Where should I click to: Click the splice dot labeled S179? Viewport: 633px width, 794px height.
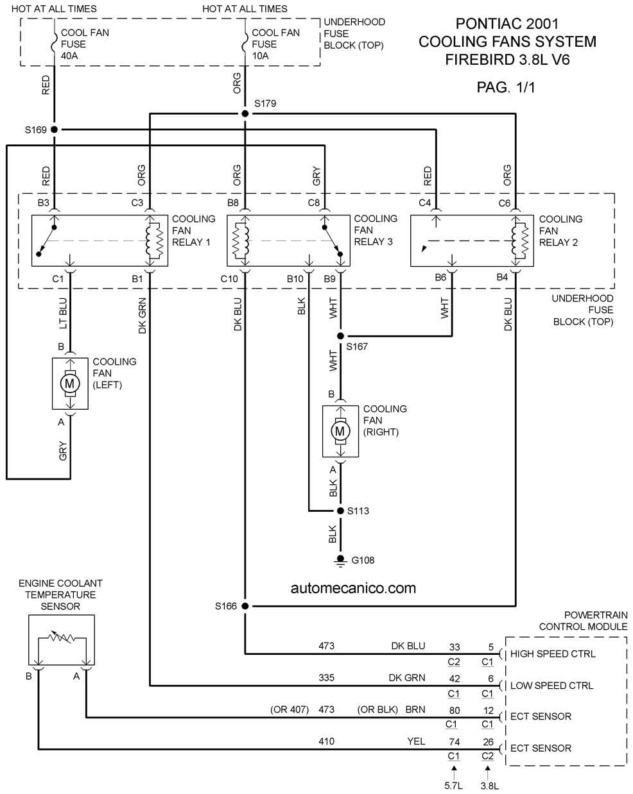pos(245,114)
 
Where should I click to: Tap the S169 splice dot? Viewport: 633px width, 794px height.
pos(55,130)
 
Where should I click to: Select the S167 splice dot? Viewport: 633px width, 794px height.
pos(340,336)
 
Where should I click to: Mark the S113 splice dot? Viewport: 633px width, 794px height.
pos(340,511)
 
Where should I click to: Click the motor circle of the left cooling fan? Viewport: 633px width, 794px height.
pos(70,384)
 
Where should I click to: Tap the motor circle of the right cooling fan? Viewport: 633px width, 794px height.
pos(340,430)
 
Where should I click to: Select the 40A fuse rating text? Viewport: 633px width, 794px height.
pos(69,56)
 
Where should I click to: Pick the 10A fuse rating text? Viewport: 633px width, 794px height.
pos(260,56)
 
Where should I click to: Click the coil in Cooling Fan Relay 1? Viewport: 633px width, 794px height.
pos(155,241)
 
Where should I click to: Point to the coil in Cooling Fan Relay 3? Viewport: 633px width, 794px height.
pos(240,241)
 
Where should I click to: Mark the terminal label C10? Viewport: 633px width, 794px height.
pos(229,279)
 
